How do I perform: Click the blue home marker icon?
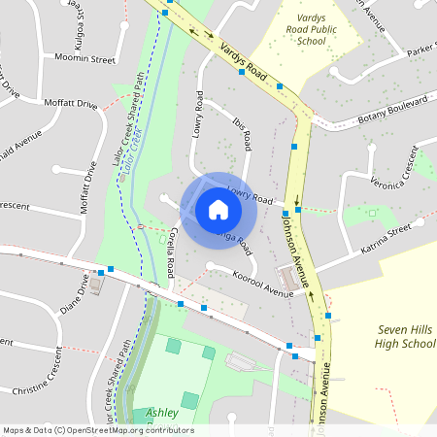pyautogui.click(x=218, y=209)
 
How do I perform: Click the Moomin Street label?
pyautogui.click(x=85, y=59)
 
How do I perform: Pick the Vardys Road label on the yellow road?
pyautogui.click(x=244, y=60)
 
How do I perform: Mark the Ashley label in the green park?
pyautogui.click(x=162, y=413)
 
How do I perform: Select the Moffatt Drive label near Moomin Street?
pyautogui.click(x=70, y=102)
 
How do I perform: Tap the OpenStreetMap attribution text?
pyautogui.click(x=97, y=430)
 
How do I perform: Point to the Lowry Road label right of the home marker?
pyautogui.click(x=249, y=194)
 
